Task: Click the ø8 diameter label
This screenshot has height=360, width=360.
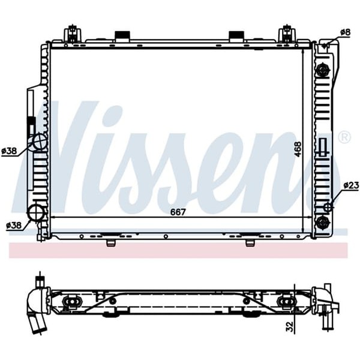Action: (345, 31)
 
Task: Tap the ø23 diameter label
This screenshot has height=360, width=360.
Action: (350, 186)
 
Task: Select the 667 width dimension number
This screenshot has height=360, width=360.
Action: (178, 212)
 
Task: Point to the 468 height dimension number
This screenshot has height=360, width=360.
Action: (298, 149)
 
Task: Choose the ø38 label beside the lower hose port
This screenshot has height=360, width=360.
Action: (13, 226)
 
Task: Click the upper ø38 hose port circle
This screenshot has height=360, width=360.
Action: (40, 142)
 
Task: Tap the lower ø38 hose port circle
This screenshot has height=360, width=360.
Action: (36, 212)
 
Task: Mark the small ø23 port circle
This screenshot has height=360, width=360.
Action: (328, 208)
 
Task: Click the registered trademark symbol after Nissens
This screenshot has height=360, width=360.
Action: (344, 137)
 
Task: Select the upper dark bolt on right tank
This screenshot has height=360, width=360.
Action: (323, 70)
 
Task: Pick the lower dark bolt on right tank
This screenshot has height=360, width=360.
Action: (323, 223)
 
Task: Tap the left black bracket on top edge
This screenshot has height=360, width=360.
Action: (122, 36)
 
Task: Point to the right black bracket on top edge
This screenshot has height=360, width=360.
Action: (236, 36)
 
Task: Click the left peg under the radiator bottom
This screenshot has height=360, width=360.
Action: (110, 242)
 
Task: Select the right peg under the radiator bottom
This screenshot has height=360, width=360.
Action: (250, 242)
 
